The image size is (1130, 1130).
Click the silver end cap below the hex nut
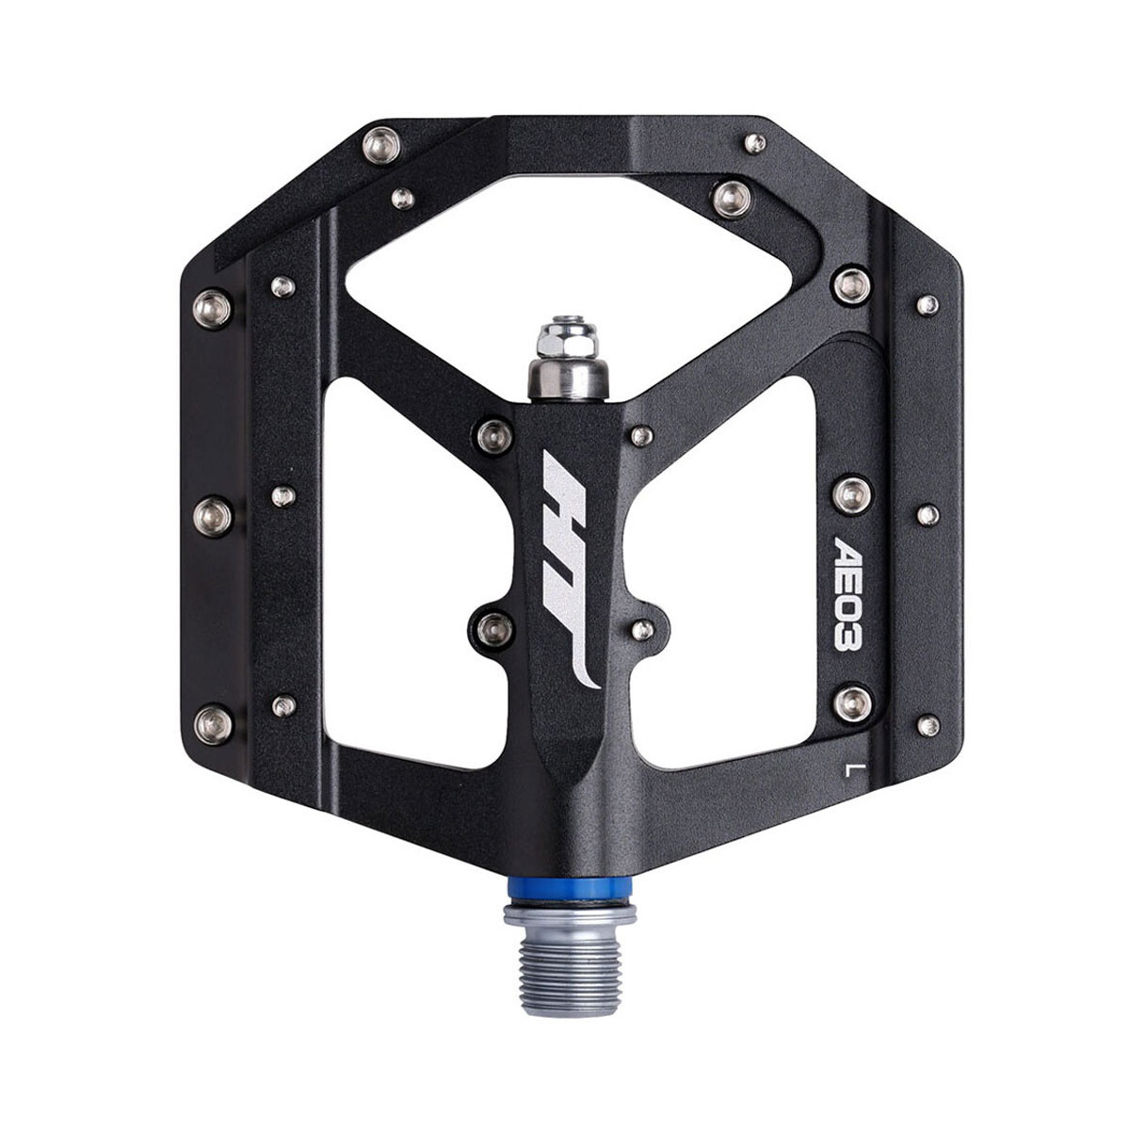569,379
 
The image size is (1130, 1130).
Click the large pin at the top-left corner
381,144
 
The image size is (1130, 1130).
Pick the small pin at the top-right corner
756,143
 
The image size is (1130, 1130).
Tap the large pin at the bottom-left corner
213,724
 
